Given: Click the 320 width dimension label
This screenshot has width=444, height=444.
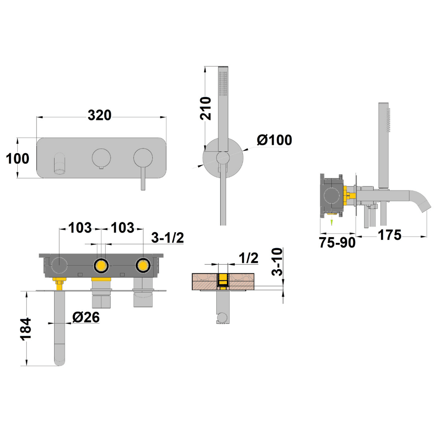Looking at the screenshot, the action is click(x=99, y=115).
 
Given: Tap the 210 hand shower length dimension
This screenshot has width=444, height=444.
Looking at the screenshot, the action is click(x=206, y=108).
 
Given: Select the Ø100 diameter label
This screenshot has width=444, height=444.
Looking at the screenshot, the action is click(x=274, y=140).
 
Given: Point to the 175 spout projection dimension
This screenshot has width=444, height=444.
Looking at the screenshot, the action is click(x=390, y=235).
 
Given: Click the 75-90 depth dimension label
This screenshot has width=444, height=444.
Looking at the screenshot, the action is click(x=337, y=243).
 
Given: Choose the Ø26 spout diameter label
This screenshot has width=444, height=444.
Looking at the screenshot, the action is click(x=86, y=317).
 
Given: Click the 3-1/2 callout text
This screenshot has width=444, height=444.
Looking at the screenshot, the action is click(x=168, y=238).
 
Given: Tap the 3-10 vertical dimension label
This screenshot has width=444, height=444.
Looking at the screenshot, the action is click(x=277, y=262).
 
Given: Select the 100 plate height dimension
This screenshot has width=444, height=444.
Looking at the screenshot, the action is click(x=18, y=159).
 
